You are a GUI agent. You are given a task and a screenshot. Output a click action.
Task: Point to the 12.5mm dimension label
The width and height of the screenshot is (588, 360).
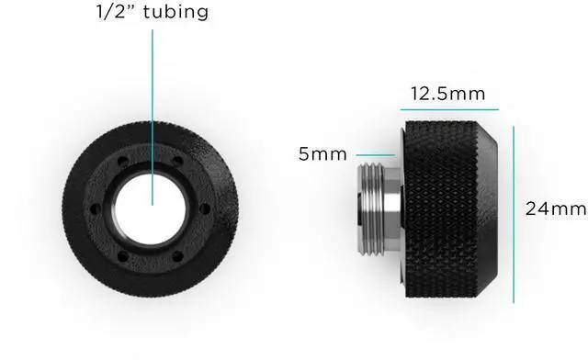(x=447, y=94)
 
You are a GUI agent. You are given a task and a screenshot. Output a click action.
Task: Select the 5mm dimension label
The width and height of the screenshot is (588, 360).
(x=322, y=153)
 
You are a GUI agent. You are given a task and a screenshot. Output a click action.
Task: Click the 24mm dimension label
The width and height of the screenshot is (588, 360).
(x=556, y=208)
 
